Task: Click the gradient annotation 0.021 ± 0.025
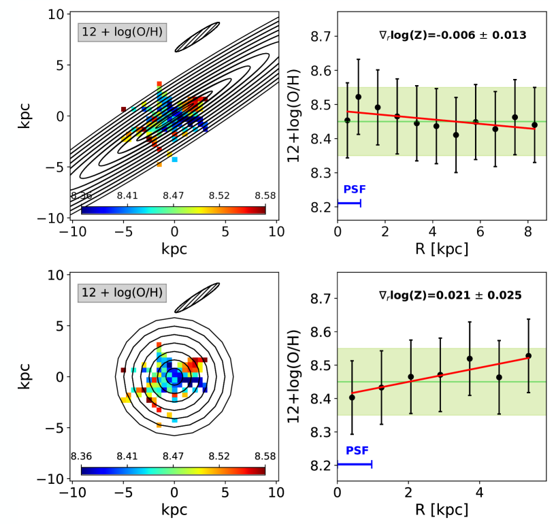click(450, 295)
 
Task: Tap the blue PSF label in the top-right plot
click(352, 190)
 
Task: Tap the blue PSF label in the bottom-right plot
click(357, 451)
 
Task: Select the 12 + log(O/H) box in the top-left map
click(123, 31)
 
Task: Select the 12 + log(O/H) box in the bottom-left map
click(123, 293)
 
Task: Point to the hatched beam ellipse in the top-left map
click(197, 37)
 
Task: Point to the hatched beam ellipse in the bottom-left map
click(197, 298)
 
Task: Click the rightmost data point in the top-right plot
click(534, 125)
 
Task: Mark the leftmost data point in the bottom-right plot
click(352, 397)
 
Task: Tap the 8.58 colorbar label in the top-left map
click(265, 195)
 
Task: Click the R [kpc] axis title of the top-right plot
click(441, 249)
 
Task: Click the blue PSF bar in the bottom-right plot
click(354, 464)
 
